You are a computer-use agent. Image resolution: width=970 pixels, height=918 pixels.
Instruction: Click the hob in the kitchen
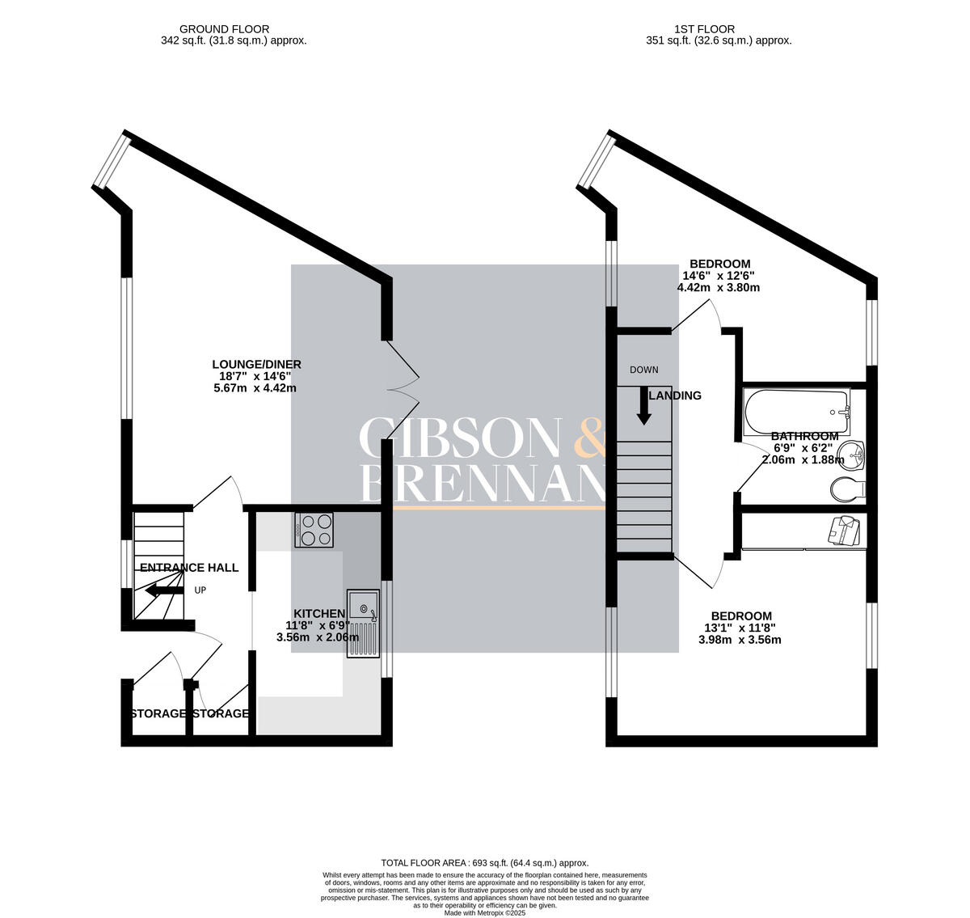(x=315, y=530)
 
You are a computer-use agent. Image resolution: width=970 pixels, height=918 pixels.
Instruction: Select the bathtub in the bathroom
(x=796, y=411)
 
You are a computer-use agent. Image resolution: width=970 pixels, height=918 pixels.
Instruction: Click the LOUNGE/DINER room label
(x=256, y=364)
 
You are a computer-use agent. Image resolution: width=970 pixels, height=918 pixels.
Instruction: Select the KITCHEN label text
(x=318, y=614)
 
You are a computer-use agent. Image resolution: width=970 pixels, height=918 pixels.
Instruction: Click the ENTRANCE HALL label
(x=189, y=568)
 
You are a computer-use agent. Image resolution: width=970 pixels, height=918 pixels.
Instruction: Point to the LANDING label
(x=676, y=396)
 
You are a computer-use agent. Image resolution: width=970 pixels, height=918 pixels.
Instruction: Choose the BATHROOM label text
(x=804, y=437)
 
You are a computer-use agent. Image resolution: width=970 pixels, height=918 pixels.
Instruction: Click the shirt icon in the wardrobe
(x=842, y=531)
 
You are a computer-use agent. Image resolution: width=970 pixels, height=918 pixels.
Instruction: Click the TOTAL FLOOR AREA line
(x=484, y=863)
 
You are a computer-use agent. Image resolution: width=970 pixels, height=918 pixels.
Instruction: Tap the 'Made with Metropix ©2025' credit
(x=484, y=912)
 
